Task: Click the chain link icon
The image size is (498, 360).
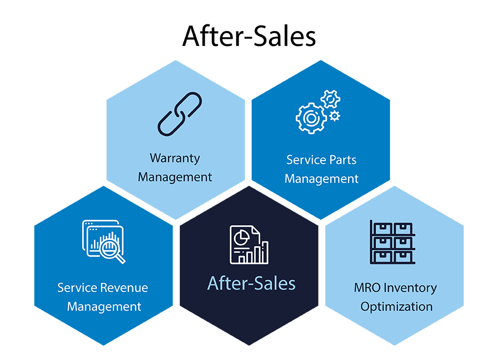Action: pyautogui.click(x=180, y=114)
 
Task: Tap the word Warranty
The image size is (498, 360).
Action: pyautogui.click(x=175, y=158)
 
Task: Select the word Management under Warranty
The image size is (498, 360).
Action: pyautogui.click(x=175, y=177)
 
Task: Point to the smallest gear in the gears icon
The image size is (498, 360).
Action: pyautogui.click(x=334, y=116)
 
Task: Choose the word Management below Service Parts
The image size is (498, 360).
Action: pyautogui.click(x=321, y=179)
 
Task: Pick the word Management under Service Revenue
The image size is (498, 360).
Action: pyautogui.click(x=104, y=306)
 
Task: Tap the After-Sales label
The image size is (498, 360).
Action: pyautogui.click(x=251, y=284)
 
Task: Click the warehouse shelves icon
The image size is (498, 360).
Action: pyautogui.click(x=392, y=242)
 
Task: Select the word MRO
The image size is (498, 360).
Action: pyautogui.click(x=366, y=288)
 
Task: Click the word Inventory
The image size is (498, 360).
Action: pyautogui.click(x=410, y=288)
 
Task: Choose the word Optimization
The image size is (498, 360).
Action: pyautogui.click(x=396, y=306)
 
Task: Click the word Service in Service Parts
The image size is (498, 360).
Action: pyautogui.click(x=304, y=160)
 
